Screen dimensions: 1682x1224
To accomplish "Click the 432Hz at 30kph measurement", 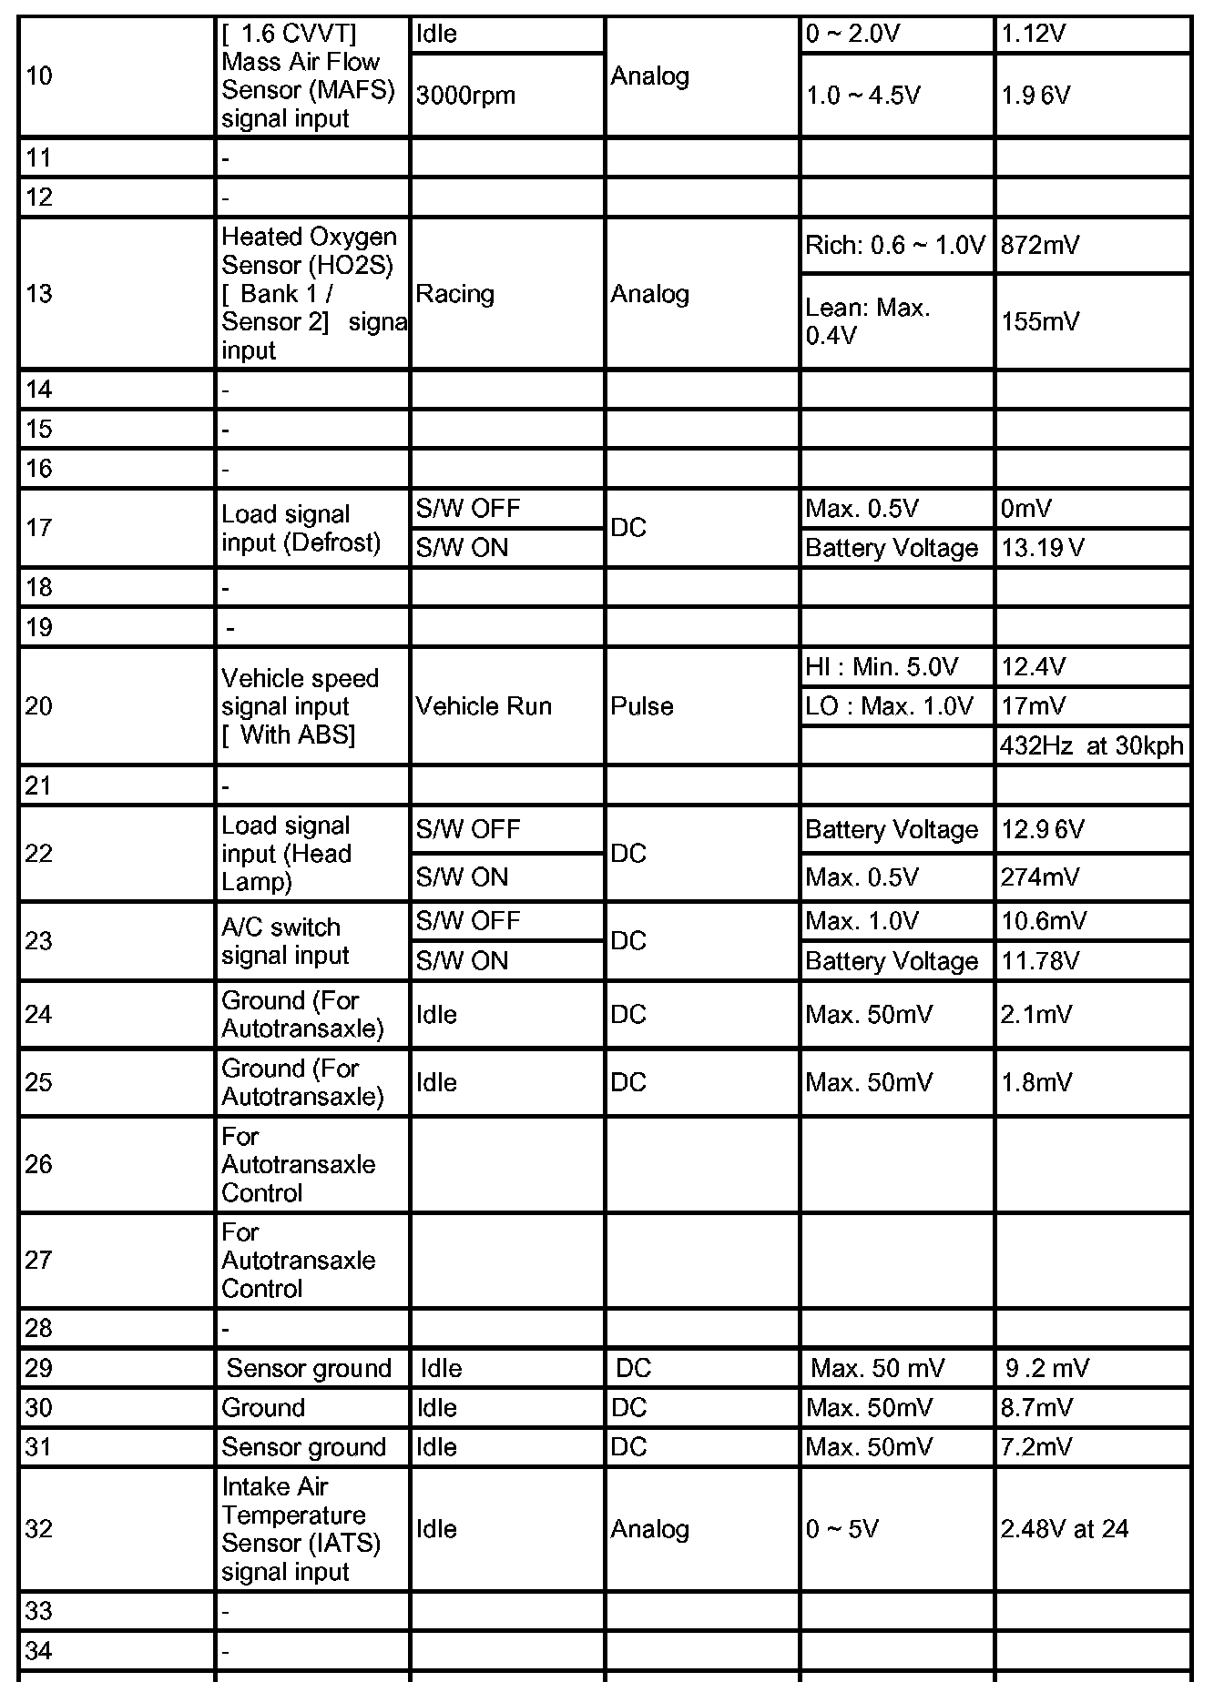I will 1091,746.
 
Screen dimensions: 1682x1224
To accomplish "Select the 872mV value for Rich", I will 1040,246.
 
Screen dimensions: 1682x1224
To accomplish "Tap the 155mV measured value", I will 1040,321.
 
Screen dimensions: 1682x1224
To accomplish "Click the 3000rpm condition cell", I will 465,96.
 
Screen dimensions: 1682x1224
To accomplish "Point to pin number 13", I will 39,294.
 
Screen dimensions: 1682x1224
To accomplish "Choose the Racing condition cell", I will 455,294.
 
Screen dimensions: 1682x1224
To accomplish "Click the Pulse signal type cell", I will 642,706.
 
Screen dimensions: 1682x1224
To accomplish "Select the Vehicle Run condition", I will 484,706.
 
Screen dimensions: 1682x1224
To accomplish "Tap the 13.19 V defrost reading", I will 1043,548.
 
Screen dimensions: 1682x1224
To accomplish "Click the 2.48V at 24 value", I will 1065,1529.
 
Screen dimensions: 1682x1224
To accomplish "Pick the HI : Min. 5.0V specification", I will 882,667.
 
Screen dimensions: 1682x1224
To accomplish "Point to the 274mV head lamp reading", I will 1040,877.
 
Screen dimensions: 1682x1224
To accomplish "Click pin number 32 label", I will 39,1529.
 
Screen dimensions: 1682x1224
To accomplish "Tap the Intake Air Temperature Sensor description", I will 301,1529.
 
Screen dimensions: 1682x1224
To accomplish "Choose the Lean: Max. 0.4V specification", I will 867,321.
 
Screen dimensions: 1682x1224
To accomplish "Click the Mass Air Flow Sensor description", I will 308,76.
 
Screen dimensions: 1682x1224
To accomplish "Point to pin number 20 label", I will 39,706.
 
